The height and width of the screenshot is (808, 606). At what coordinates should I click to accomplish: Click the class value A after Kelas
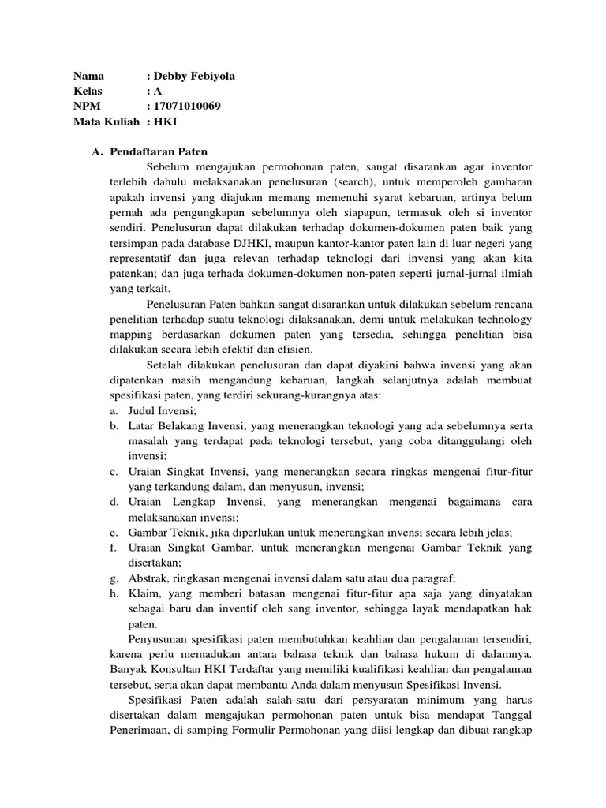[158, 91]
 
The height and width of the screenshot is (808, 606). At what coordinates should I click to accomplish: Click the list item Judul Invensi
[163, 411]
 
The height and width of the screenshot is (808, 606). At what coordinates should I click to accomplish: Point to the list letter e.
[114, 533]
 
